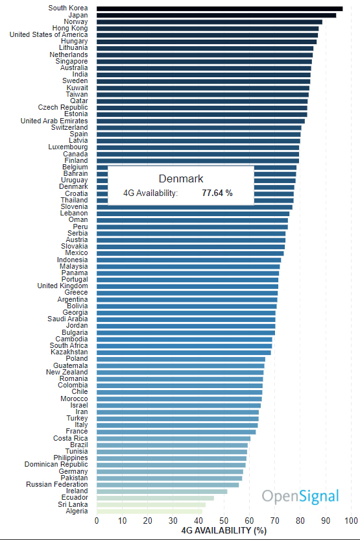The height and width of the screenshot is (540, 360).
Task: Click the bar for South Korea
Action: point(220,8)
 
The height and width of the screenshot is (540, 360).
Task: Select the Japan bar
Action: point(216,15)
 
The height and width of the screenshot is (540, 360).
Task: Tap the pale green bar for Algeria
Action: point(149,511)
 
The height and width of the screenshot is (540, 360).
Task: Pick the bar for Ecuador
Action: point(155,498)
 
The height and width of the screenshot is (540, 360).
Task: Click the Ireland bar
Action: point(162,491)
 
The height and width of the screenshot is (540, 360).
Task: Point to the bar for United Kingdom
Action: point(187,286)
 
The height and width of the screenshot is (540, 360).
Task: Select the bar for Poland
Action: point(181,359)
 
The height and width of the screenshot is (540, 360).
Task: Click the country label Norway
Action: point(76,21)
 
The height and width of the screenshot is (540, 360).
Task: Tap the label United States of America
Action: point(49,35)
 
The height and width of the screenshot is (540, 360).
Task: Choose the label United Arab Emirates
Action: point(54,121)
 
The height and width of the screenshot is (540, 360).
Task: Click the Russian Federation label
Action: point(57,485)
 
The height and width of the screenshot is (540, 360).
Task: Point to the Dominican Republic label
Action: point(56,465)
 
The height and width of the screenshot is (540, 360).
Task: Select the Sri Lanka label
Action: point(73,504)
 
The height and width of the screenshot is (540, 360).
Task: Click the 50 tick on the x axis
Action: point(224,521)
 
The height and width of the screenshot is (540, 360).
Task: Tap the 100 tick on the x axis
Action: point(351,521)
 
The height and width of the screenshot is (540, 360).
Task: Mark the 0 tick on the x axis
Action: point(97,521)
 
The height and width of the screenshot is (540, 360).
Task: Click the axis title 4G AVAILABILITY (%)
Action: point(224,531)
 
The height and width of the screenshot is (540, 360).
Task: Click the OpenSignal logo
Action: point(300,497)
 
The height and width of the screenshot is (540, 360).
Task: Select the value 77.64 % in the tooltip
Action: point(217,193)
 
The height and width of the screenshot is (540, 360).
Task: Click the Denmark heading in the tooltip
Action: point(181,178)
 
